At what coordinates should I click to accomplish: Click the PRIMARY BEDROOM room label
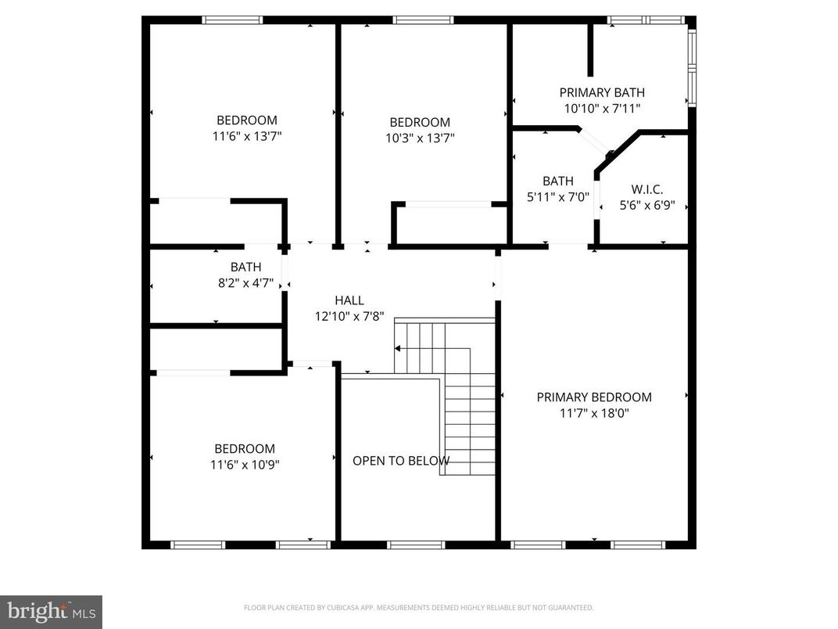[594, 397]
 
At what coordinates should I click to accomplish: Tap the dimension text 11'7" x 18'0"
[594, 413]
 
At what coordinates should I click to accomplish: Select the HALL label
[349, 300]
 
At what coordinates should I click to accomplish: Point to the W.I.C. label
[647, 189]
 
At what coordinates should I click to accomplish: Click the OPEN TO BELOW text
[401, 461]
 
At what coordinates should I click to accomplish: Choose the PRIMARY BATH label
[602, 92]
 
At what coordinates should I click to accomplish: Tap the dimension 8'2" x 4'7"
[246, 283]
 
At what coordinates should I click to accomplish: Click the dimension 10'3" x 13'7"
[420, 138]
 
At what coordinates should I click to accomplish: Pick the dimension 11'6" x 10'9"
[245, 464]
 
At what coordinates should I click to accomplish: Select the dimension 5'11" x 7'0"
[558, 197]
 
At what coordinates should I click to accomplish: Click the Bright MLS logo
[51, 611]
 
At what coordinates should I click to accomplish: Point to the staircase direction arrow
[398, 348]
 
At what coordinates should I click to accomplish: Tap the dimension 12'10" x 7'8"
[349, 316]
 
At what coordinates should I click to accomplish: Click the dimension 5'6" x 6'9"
[647, 206]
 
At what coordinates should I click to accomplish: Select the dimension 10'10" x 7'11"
[602, 109]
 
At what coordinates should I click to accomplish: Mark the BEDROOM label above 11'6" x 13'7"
[247, 120]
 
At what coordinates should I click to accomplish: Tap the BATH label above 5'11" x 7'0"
[558, 182]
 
